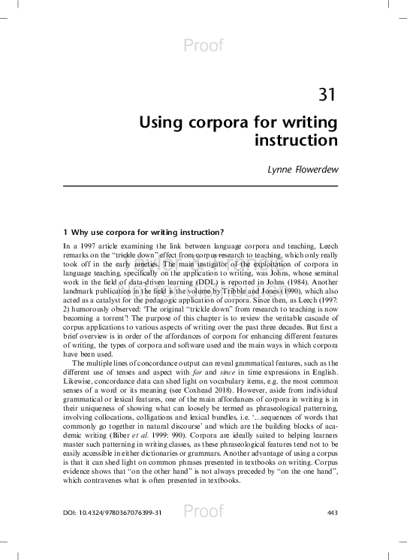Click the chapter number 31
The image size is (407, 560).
tap(326, 95)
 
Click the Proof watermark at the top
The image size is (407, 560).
tap(203, 47)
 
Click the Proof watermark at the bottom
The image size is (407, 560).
tap(203, 512)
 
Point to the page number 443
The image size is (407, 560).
tap(333, 513)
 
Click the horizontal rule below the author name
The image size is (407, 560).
tap(203, 186)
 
